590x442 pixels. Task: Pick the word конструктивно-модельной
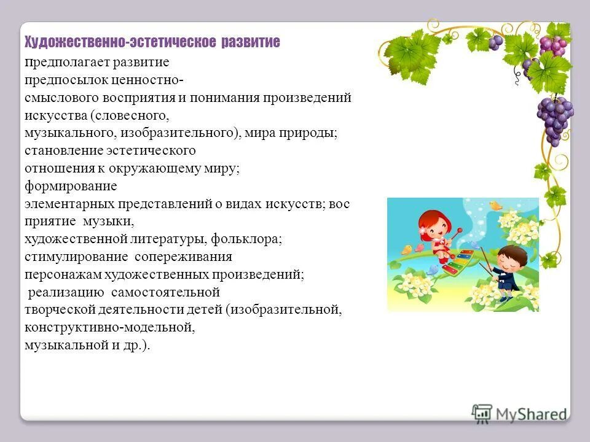(x=109, y=327)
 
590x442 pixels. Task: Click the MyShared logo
(x=519, y=413)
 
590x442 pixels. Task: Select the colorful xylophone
(x=458, y=261)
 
